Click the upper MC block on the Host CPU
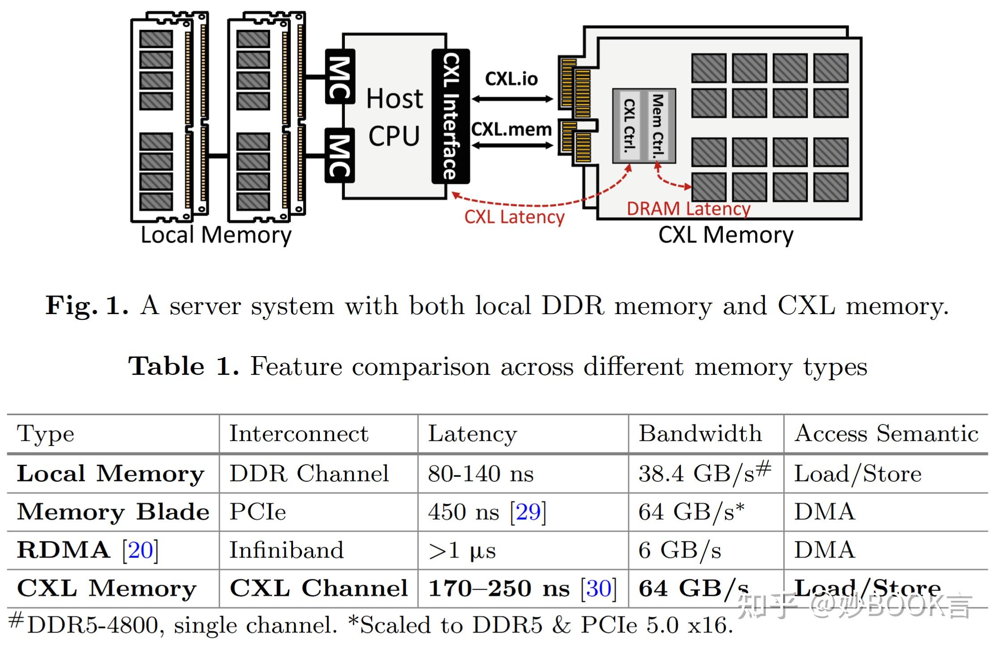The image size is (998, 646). [340, 77]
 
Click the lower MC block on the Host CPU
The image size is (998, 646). [340, 155]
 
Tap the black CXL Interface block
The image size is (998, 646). [450, 116]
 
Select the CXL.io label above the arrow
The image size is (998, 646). [511, 79]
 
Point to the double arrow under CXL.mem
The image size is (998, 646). [512, 145]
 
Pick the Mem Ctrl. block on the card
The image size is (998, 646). [657, 126]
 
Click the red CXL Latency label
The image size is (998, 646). [514, 217]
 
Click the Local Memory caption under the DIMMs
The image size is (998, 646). [216, 235]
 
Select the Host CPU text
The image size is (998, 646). [394, 117]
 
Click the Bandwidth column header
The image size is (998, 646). [700, 433]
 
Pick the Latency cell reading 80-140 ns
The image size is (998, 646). [480, 473]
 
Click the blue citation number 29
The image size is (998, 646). [528, 511]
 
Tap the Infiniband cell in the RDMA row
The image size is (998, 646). [286, 550]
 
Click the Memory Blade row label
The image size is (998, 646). [113, 511]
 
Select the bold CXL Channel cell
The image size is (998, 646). [318, 588]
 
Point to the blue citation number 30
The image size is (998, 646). [598, 588]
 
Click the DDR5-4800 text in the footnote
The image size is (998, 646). [92, 625]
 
